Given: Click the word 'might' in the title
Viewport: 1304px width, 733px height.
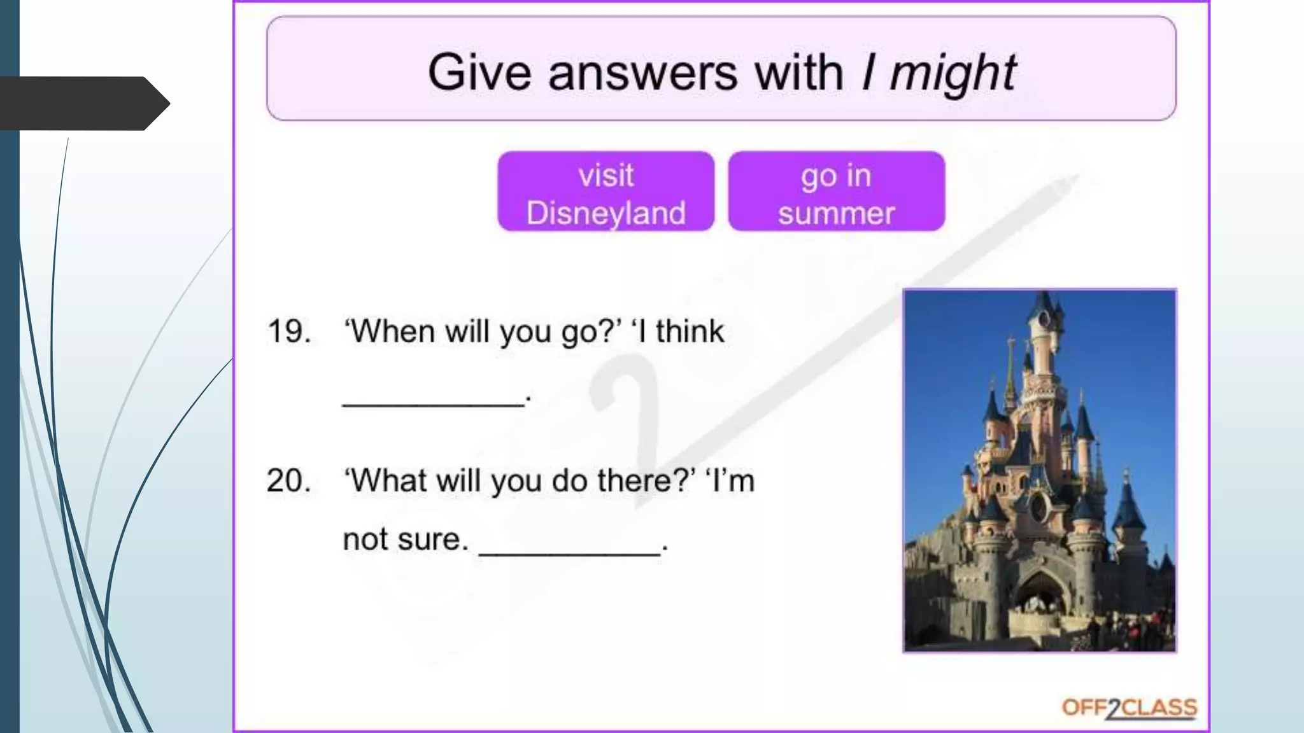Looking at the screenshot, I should [x=953, y=73].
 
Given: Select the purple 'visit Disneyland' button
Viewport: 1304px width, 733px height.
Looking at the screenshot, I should [x=606, y=192].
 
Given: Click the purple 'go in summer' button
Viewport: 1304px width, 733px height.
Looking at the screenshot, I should [x=836, y=192].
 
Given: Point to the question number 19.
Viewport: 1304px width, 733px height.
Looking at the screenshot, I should [x=289, y=332].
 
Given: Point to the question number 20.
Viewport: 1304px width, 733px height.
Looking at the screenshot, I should [x=289, y=480].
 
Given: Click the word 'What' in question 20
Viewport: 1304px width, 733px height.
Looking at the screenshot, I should [x=388, y=480].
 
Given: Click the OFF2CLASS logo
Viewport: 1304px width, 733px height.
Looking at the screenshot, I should [x=1129, y=708].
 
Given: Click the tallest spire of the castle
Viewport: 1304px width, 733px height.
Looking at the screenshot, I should [x=1044, y=305].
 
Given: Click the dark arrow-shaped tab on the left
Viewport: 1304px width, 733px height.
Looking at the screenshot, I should [x=83, y=103].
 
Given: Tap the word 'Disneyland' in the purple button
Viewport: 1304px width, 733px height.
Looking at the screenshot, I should [x=606, y=213].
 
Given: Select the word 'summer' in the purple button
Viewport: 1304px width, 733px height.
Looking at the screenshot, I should [x=836, y=213].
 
